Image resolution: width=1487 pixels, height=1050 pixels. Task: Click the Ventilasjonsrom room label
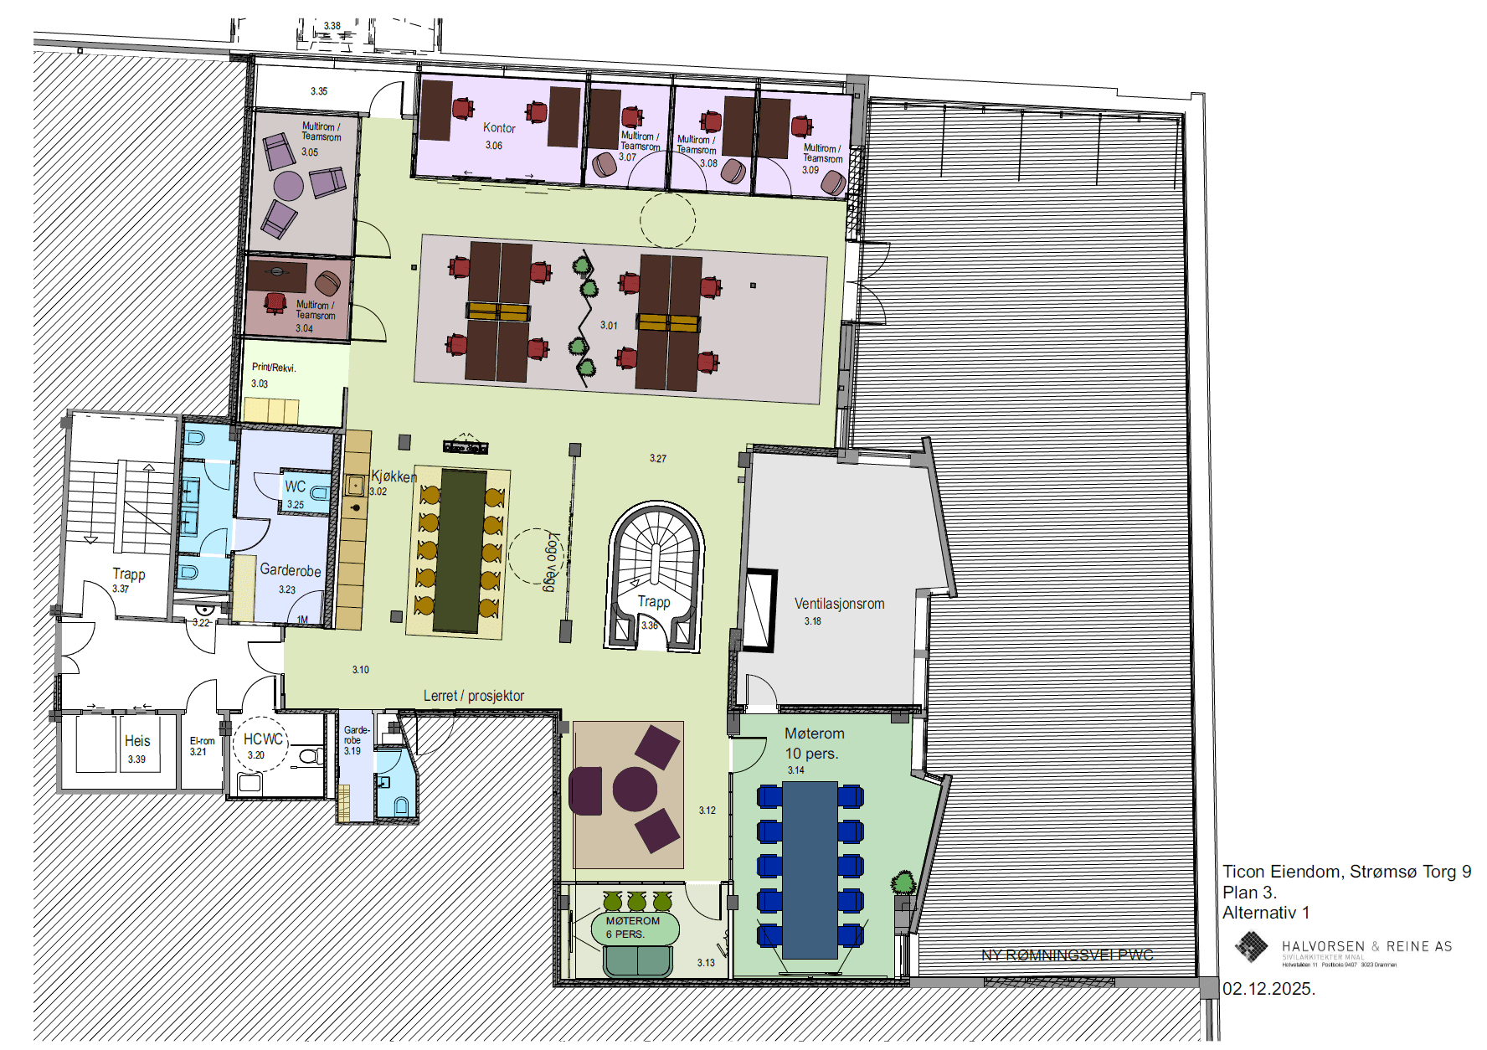(x=839, y=604)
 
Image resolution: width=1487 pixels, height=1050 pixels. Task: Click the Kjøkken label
(x=394, y=476)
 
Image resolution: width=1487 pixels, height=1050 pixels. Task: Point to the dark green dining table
(x=459, y=551)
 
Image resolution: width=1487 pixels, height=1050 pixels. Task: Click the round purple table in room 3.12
(x=635, y=789)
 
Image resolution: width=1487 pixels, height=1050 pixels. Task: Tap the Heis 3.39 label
(x=137, y=742)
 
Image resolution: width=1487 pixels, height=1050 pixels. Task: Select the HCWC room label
(x=263, y=739)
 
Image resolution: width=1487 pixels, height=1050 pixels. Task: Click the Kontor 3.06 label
(x=499, y=128)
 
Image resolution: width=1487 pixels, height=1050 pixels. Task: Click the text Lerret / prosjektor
(x=474, y=696)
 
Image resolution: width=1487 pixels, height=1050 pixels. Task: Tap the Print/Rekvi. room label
(x=274, y=368)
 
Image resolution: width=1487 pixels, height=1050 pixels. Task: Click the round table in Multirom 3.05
(x=288, y=186)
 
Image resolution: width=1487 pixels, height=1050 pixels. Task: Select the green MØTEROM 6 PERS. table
(x=634, y=927)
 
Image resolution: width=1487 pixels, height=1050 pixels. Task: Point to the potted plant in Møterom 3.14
(x=903, y=883)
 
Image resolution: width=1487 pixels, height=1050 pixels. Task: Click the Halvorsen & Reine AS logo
(x=1252, y=947)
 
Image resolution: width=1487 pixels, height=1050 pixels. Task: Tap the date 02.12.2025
(x=1268, y=989)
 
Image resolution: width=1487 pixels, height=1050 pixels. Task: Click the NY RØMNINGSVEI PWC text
(x=1067, y=955)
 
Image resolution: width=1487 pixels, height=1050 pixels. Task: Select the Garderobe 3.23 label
(x=291, y=571)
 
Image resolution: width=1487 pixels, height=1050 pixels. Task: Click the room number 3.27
(x=658, y=459)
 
